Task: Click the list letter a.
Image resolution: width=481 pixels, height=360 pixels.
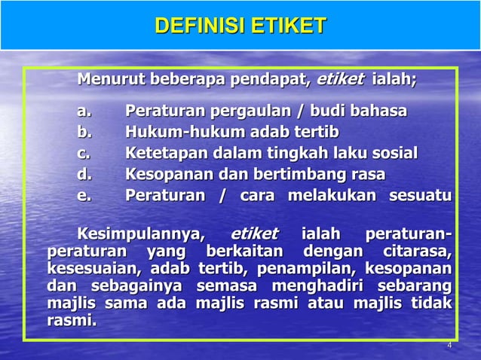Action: tap(84, 112)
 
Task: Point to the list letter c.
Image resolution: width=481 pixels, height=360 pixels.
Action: tap(84, 154)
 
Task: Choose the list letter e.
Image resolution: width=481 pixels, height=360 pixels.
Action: tap(84, 197)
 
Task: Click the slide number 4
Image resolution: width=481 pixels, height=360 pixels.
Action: tap(449, 346)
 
